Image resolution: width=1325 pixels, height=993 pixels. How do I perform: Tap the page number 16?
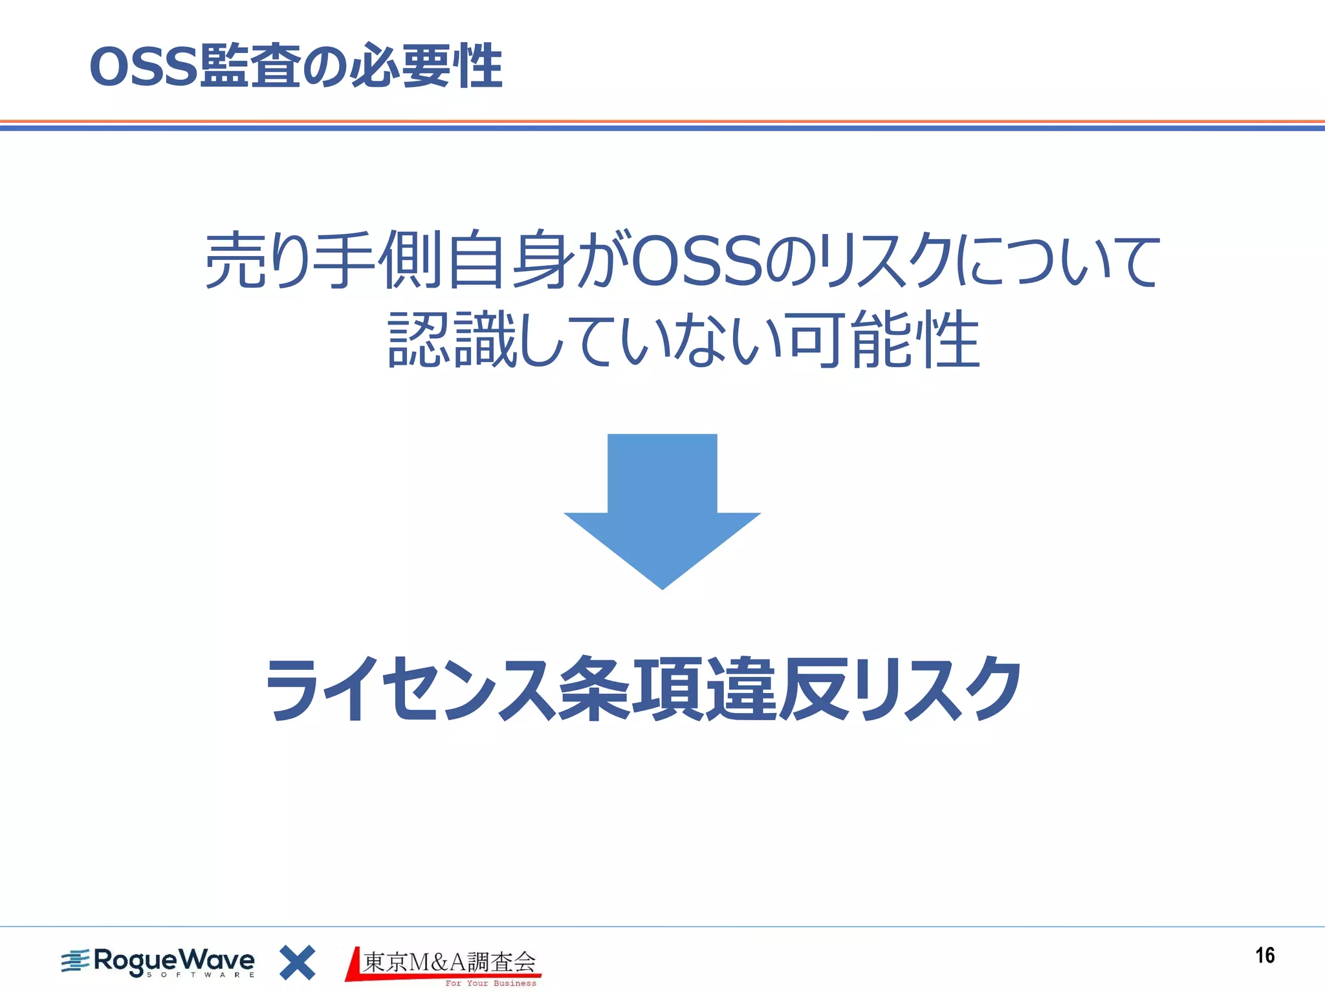tap(1265, 956)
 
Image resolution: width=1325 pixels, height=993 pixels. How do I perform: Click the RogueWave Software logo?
tap(159, 962)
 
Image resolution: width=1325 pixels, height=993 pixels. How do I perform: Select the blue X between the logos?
tap(297, 963)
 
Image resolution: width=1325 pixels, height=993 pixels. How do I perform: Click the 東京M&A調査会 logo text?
tap(449, 962)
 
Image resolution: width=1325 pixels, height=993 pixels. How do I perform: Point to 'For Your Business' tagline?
tap(490, 983)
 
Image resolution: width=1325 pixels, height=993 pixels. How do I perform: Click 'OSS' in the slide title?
tap(143, 67)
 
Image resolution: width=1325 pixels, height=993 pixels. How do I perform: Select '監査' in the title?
tap(249, 66)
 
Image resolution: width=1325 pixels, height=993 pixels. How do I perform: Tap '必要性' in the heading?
tap(427, 66)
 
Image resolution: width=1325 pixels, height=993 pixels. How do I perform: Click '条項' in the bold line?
tap(631, 689)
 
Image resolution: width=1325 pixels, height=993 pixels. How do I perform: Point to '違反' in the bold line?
tap(776, 689)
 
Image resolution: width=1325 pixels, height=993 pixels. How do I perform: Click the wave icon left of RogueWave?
tap(75, 961)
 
